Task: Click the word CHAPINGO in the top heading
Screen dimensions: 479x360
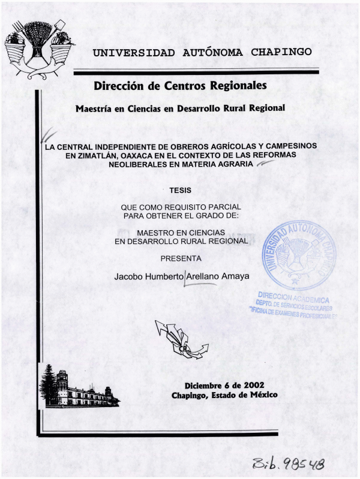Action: tap(281, 52)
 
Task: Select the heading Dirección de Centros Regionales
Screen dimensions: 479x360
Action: tap(180, 86)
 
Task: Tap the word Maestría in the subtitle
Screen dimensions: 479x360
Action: tap(95, 109)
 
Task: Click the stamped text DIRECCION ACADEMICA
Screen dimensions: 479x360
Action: tap(294, 297)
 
